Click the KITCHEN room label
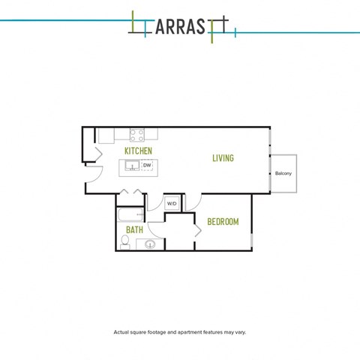(138, 151)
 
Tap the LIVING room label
(223, 158)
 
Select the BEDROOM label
(223, 222)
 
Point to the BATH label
(134, 229)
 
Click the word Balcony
(283, 173)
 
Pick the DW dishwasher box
(147, 166)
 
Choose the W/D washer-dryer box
(172, 203)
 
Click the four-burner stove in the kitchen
(137, 135)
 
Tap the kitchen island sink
(132, 166)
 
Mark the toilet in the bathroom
(124, 242)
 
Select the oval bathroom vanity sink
(150, 244)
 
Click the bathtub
(130, 214)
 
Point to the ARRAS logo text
(180, 26)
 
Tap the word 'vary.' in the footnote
(241, 332)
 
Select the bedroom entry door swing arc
(196, 205)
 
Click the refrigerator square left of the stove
(106, 136)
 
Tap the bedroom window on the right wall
(252, 241)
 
